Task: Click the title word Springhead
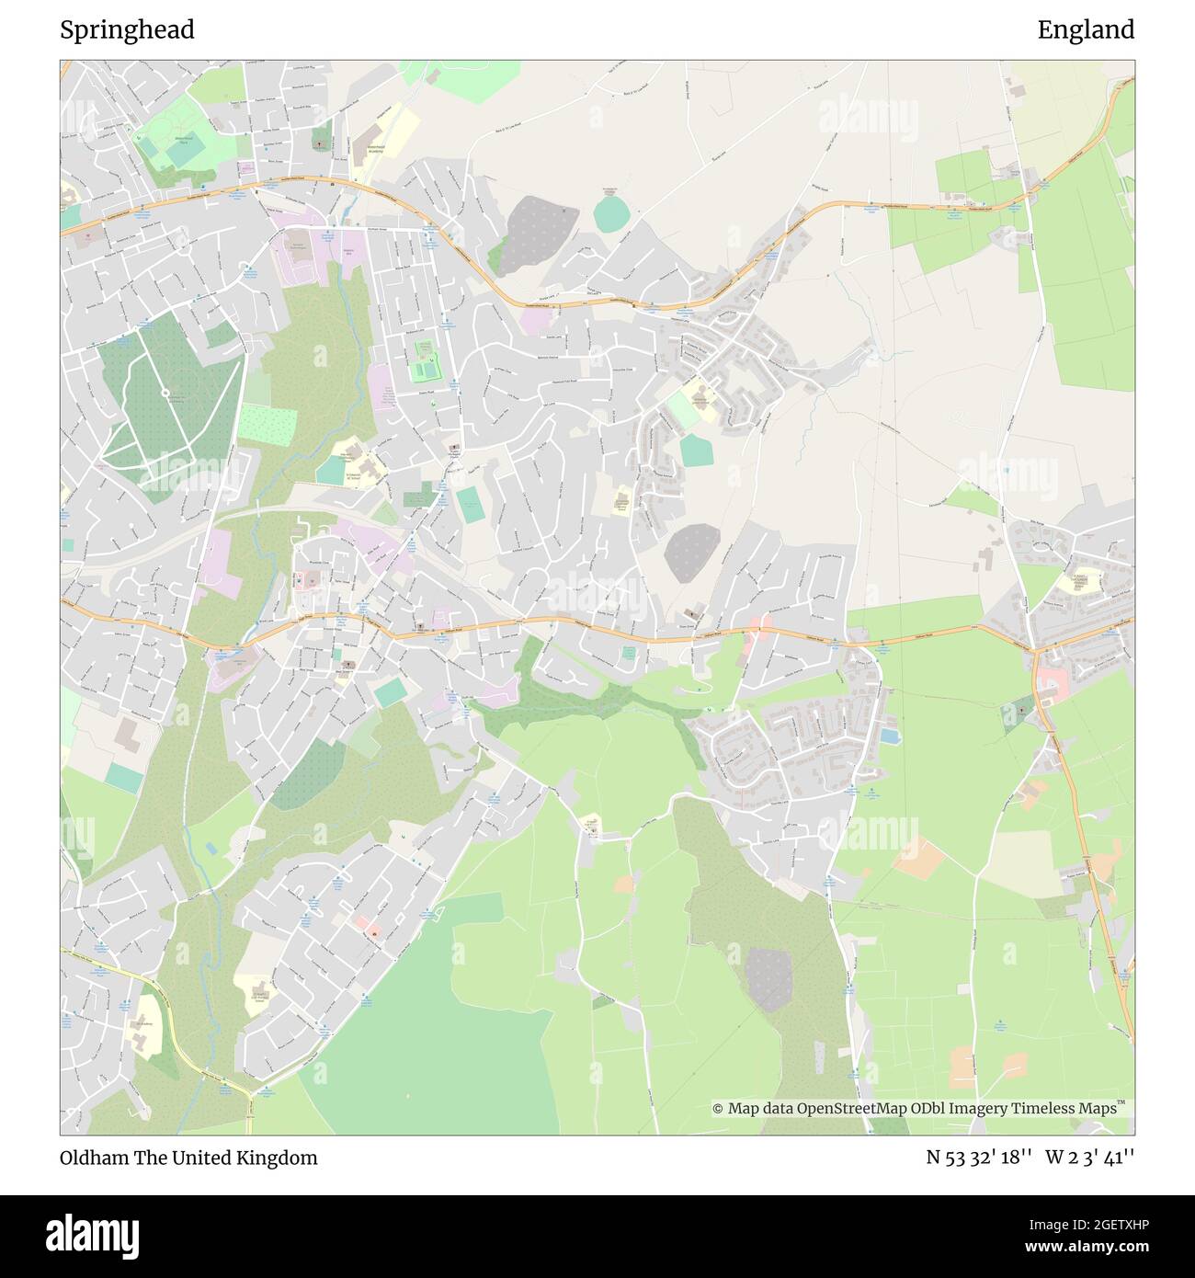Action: tap(127, 30)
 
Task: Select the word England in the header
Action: tap(1086, 30)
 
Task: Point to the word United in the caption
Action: tap(199, 1158)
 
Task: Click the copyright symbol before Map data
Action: tap(718, 1109)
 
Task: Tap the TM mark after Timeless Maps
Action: tap(1121, 1103)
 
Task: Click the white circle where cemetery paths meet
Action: tap(165, 394)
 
